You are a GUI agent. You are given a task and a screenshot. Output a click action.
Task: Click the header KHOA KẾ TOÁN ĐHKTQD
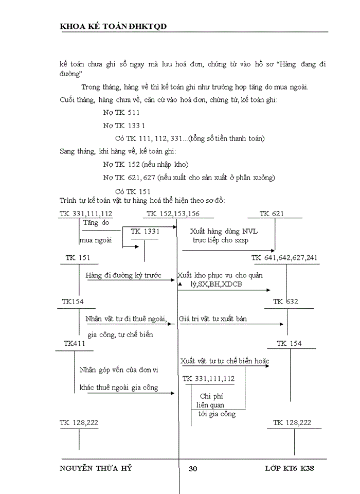point(113,26)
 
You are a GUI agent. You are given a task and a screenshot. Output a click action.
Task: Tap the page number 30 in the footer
point(193,469)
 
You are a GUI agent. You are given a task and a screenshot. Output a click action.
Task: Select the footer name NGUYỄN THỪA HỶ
point(100,469)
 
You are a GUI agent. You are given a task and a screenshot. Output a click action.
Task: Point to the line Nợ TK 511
point(121,112)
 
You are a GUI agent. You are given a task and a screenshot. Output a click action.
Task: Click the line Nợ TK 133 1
point(124,126)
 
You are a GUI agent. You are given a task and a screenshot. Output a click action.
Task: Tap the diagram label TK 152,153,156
point(173,214)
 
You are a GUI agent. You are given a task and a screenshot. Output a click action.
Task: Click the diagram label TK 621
point(272,214)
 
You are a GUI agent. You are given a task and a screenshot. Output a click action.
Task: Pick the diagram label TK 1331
point(145,232)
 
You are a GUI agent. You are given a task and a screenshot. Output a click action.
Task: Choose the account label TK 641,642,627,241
point(284,257)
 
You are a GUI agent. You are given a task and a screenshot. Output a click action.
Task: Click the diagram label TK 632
point(285,302)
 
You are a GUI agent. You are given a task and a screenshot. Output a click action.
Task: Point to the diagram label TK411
point(74,343)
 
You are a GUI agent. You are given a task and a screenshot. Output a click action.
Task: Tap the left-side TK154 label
point(73,302)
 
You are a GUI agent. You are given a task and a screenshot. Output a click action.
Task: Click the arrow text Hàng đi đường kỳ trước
point(123,276)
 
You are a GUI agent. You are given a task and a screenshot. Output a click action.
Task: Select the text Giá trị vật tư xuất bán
point(212,319)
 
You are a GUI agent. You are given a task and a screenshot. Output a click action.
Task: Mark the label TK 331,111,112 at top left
point(86,214)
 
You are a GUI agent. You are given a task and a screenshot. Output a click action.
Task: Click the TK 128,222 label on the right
point(292,422)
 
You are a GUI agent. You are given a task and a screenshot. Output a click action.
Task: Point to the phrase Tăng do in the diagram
point(96,223)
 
